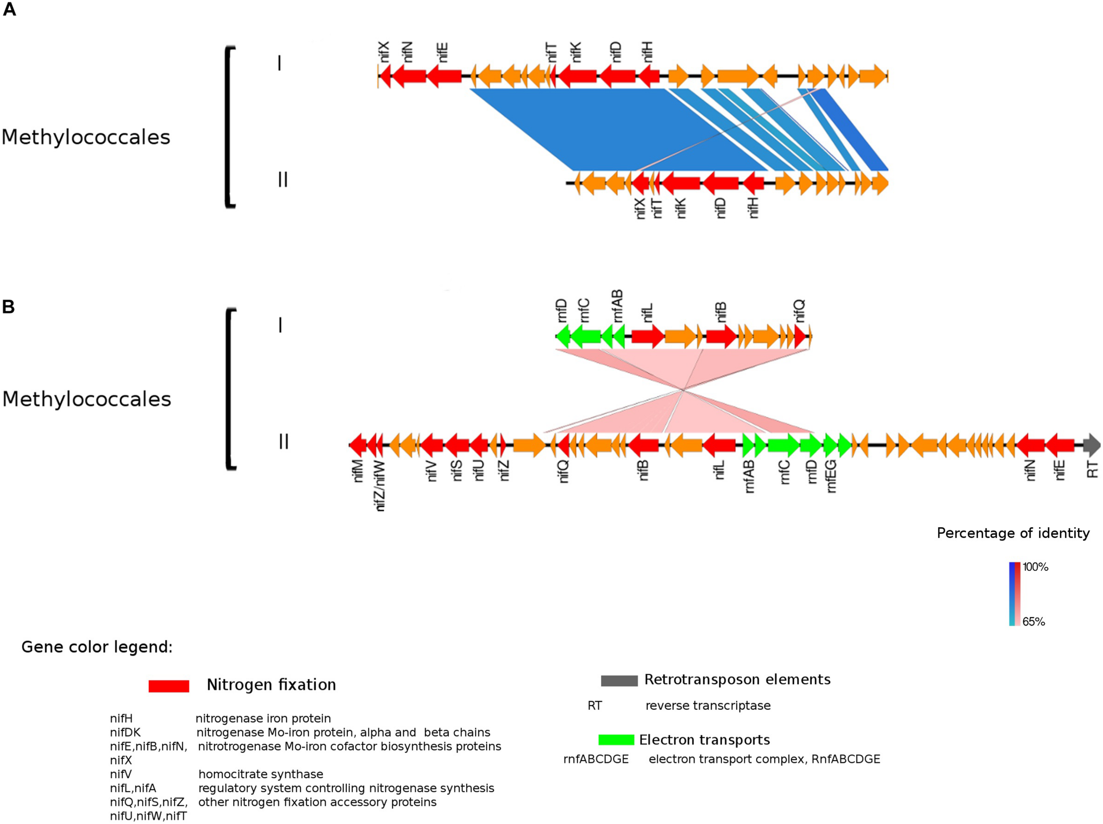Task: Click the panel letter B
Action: point(8,307)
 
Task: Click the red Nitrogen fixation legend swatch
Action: point(169,686)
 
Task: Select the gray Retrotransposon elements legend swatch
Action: point(619,681)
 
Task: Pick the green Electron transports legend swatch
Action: point(616,740)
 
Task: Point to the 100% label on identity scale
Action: point(1035,567)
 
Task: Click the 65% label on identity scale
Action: point(1033,622)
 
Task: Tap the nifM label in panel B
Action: point(357,471)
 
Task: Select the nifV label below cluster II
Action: point(432,471)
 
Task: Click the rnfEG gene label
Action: point(831,476)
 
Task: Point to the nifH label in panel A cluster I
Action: point(647,52)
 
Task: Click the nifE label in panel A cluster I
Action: point(443,52)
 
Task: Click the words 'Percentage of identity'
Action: point(1013,533)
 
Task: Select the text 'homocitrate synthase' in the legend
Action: point(260,774)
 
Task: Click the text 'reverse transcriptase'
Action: point(708,705)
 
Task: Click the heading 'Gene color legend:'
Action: point(97,647)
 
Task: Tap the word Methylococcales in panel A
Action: point(86,137)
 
